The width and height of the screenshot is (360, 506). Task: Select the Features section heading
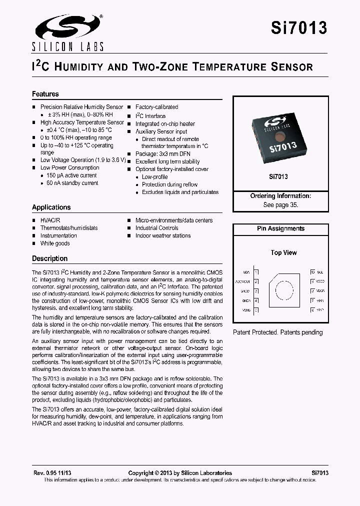pyautogui.click(x=45, y=94)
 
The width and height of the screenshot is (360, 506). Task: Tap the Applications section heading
pyautogui.click(x=51, y=207)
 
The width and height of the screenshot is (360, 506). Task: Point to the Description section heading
pyautogui.click(x=49, y=258)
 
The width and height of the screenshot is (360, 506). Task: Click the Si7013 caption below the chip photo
pyautogui.click(x=278, y=176)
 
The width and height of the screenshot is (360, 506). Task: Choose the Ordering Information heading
pyautogui.click(x=280, y=196)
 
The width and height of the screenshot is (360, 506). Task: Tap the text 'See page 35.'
pyautogui.click(x=280, y=205)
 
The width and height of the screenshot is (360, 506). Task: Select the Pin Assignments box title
pyautogui.click(x=280, y=228)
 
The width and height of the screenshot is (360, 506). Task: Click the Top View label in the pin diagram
pyautogui.click(x=283, y=252)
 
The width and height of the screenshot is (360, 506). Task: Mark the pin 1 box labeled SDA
pyautogui.click(x=256, y=272)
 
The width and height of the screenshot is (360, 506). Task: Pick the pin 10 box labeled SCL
pyautogui.click(x=312, y=272)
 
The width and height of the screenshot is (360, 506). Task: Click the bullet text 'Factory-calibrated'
pyautogui.click(x=156, y=107)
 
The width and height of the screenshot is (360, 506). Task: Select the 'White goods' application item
pyautogui.click(x=55, y=243)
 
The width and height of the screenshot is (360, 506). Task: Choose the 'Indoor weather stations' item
pyautogui.click(x=163, y=235)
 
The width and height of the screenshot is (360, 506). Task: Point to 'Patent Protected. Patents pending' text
pyautogui.click(x=278, y=332)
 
